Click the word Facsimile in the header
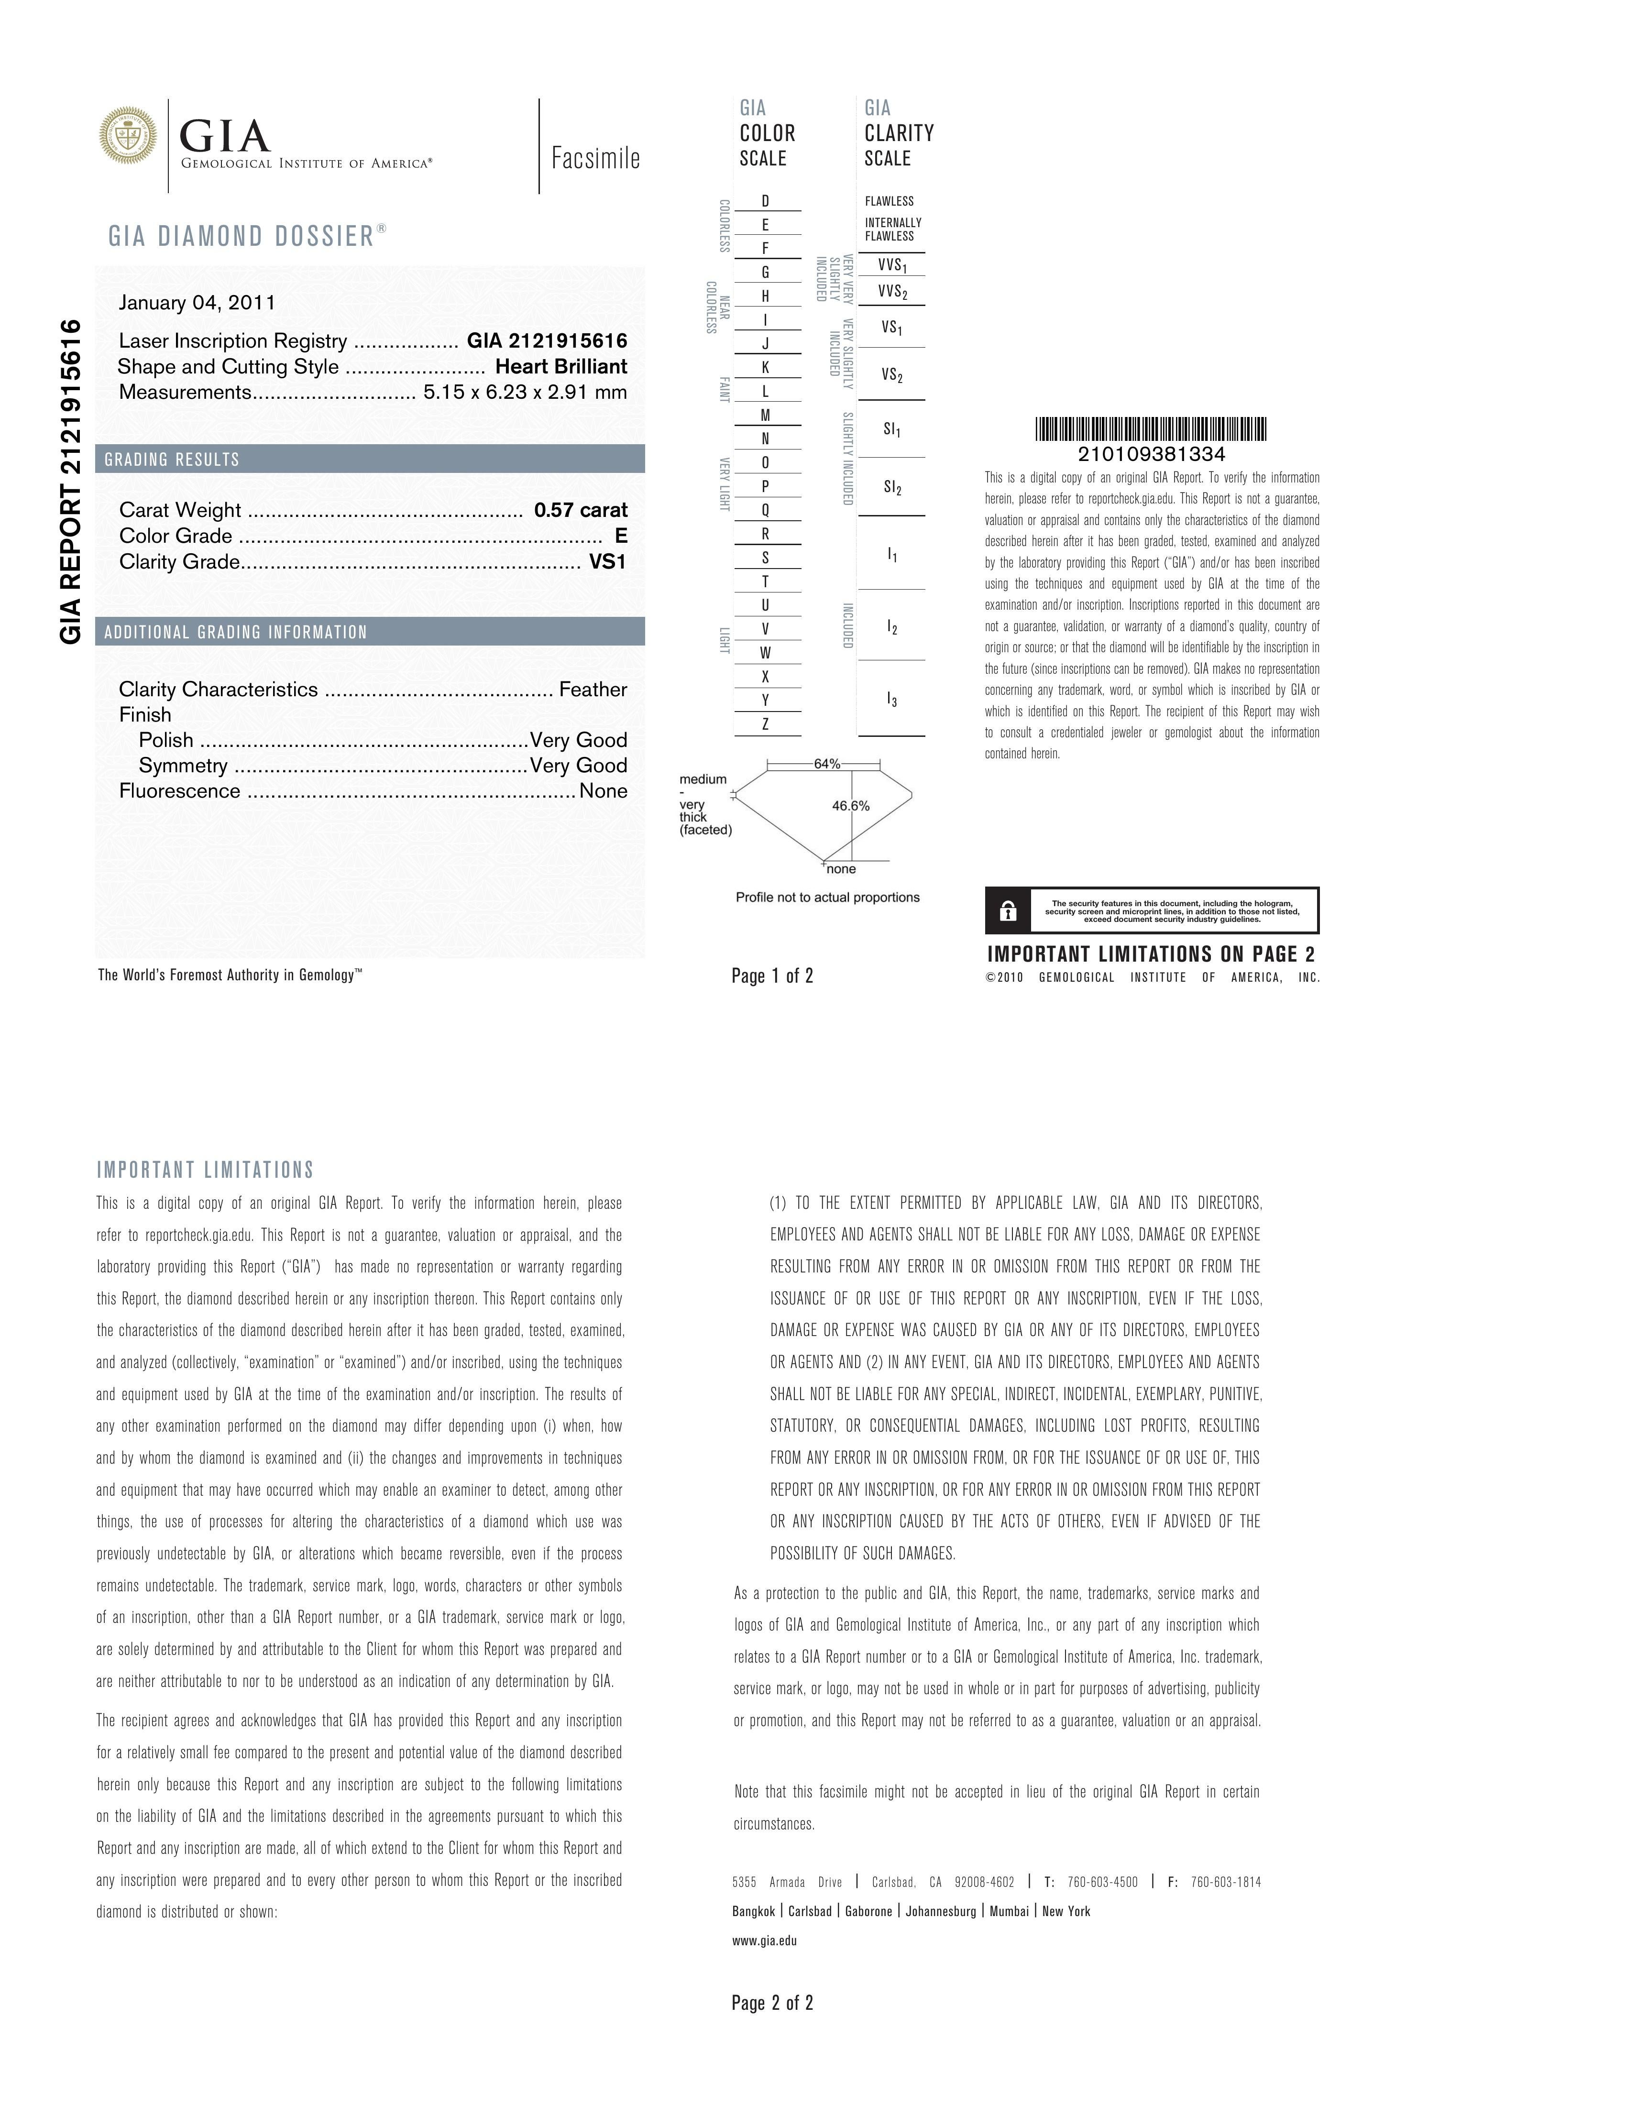click(595, 158)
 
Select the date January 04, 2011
click(197, 303)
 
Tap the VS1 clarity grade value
click(608, 562)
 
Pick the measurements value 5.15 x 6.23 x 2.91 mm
click(525, 392)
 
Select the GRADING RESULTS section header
click(173, 460)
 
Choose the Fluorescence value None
click(603, 791)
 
